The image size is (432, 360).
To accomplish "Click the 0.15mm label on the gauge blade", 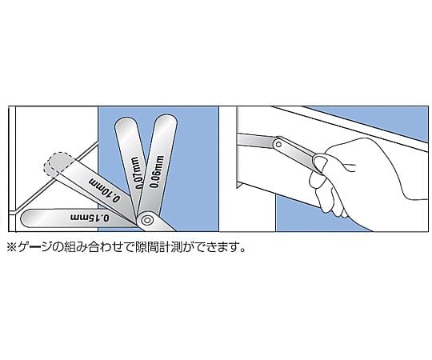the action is (x=90, y=217).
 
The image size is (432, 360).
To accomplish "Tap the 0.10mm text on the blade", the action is (x=105, y=190).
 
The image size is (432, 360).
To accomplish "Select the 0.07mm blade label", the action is (x=136, y=173).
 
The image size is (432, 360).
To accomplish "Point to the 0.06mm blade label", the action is (x=158, y=171).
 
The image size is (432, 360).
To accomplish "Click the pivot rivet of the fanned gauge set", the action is (x=147, y=220).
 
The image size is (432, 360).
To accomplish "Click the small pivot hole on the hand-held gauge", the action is (x=278, y=144).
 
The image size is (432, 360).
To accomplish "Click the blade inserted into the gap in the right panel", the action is (x=257, y=140).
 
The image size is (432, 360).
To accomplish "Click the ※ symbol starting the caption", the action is (x=12, y=247).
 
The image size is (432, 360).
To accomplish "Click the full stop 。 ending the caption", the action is (x=242, y=250).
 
